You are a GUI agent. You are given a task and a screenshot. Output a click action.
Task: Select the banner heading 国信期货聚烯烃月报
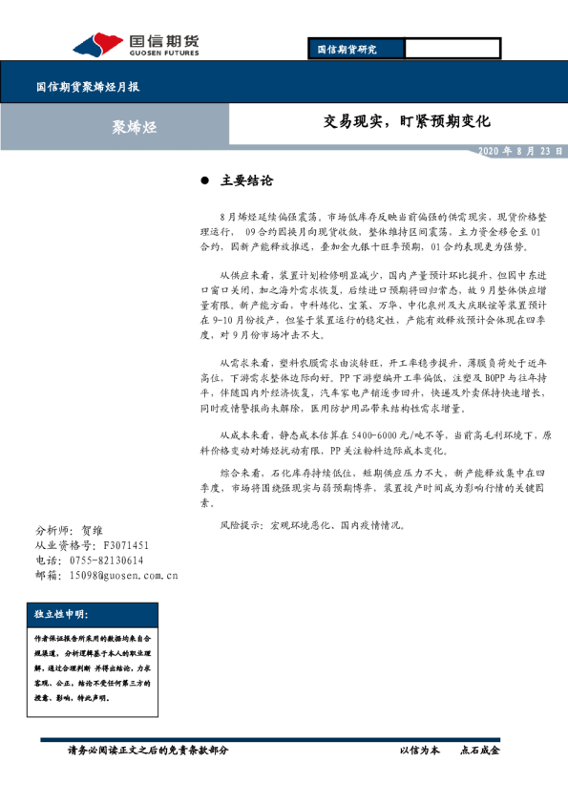[x=88, y=86]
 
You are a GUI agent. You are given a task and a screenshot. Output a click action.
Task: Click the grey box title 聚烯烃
[x=128, y=125]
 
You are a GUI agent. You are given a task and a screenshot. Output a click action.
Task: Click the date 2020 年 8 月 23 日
[x=519, y=151]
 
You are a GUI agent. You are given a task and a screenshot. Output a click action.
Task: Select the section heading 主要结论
[x=246, y=180]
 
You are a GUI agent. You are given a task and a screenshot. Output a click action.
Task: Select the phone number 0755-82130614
[x=103, y=561]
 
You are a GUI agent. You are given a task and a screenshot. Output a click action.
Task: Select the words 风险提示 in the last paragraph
[x=239, y=525]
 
